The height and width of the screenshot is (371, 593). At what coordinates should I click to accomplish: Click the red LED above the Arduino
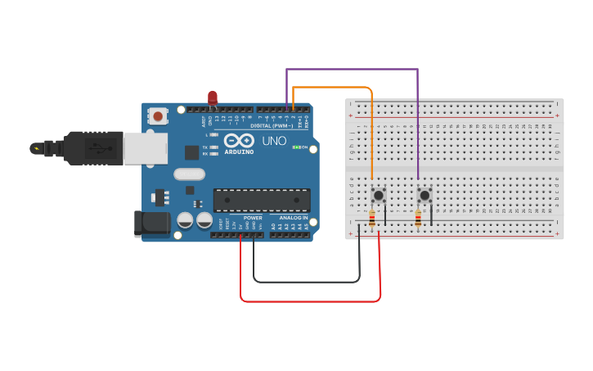213,97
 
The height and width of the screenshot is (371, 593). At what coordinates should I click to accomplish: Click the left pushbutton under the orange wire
379,195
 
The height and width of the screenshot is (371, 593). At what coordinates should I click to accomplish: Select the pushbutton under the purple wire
425,195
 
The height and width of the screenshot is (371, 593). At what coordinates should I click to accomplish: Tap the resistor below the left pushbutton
372,219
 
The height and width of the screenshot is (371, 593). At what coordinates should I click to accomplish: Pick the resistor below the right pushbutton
418,219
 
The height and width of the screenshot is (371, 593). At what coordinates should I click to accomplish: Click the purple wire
352,70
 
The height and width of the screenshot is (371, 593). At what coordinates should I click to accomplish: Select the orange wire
331,87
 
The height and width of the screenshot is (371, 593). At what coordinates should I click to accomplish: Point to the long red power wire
311,301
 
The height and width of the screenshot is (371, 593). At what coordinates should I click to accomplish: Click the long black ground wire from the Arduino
307,282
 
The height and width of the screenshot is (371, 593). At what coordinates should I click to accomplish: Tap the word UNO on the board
274,141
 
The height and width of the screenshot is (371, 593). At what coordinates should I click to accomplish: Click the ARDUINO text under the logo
239,152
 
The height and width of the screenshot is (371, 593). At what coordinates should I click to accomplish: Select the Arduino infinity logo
239,140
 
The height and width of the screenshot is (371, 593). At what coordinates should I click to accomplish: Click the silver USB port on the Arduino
145,148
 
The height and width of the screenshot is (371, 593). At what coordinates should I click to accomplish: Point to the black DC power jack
152,223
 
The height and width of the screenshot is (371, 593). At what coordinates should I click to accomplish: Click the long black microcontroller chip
262,200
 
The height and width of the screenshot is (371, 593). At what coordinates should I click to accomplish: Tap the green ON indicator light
294,147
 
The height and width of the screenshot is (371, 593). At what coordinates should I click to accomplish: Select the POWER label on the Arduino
253,218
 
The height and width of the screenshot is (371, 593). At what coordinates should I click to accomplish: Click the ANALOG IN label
294,218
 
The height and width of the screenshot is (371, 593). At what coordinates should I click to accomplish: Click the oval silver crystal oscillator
189,174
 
